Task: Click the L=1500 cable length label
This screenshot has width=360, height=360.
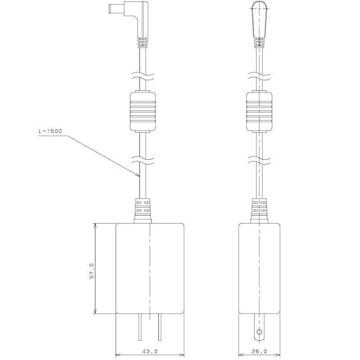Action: pos(50,131)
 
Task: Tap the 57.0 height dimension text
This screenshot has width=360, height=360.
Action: pos(92,271)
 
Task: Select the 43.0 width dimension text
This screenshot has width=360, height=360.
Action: pos(150,351)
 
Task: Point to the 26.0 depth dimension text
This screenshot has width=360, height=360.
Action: pos(259,351)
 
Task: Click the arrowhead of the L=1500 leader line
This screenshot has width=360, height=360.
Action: pos(138,175)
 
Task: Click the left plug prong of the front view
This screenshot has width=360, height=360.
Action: pos(140,327)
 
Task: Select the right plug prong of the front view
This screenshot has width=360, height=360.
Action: pos(160,327)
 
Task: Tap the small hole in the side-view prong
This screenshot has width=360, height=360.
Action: pos(259,332)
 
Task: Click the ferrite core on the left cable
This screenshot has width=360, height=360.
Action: pos(143,111)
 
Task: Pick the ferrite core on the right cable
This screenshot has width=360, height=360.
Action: pos(259,111)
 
